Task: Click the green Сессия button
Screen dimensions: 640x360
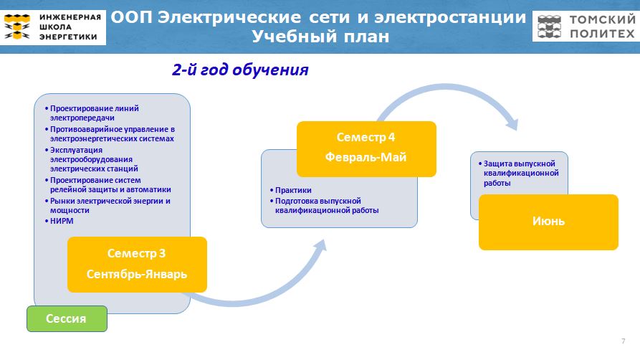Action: click(67, 318)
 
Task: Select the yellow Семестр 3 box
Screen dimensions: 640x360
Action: click(137, 265)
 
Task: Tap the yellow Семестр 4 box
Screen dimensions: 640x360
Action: click(366, 148)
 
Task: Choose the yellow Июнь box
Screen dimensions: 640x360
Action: click(548, 222)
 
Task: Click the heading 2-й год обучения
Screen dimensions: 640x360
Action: click(240, 70)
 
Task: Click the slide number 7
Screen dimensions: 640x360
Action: click(624, 341)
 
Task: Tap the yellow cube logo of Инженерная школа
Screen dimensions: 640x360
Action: click(16, 27)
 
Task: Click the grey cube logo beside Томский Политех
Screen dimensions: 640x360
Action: click(549, 27)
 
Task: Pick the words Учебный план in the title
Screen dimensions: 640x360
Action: click(320, 37)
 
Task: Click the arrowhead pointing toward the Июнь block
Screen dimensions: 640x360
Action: click(512, 123)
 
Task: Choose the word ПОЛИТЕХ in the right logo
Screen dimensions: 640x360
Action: click(602, 34)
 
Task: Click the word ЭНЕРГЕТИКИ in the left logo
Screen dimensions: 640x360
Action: click(68, 37)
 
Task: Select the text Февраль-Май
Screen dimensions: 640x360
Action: click(366, 157)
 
